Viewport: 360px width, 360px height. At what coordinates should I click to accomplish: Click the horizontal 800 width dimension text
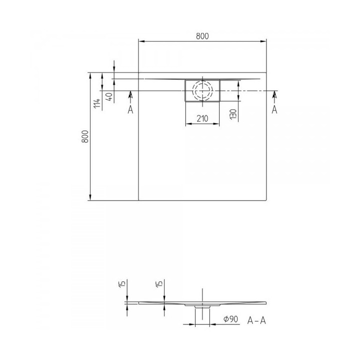[202, 35]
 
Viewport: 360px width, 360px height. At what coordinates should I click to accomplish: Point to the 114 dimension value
[97, 103]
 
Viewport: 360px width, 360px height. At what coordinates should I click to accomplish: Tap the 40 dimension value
[109, 96]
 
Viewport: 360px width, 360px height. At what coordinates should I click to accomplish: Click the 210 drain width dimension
[202, 118]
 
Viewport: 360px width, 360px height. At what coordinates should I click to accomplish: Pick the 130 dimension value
[233, 113]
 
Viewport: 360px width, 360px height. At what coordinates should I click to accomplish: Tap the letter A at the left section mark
[130, 110]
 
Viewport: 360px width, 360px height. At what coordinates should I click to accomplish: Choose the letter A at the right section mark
[274, 110]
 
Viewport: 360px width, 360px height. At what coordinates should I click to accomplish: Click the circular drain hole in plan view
[202, 90]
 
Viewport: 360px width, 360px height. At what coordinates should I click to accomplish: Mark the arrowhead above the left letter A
[130, 94]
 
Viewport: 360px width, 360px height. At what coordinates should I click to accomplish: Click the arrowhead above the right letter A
[274, 94]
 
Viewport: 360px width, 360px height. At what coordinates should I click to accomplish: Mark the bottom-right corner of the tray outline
[266, 200]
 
